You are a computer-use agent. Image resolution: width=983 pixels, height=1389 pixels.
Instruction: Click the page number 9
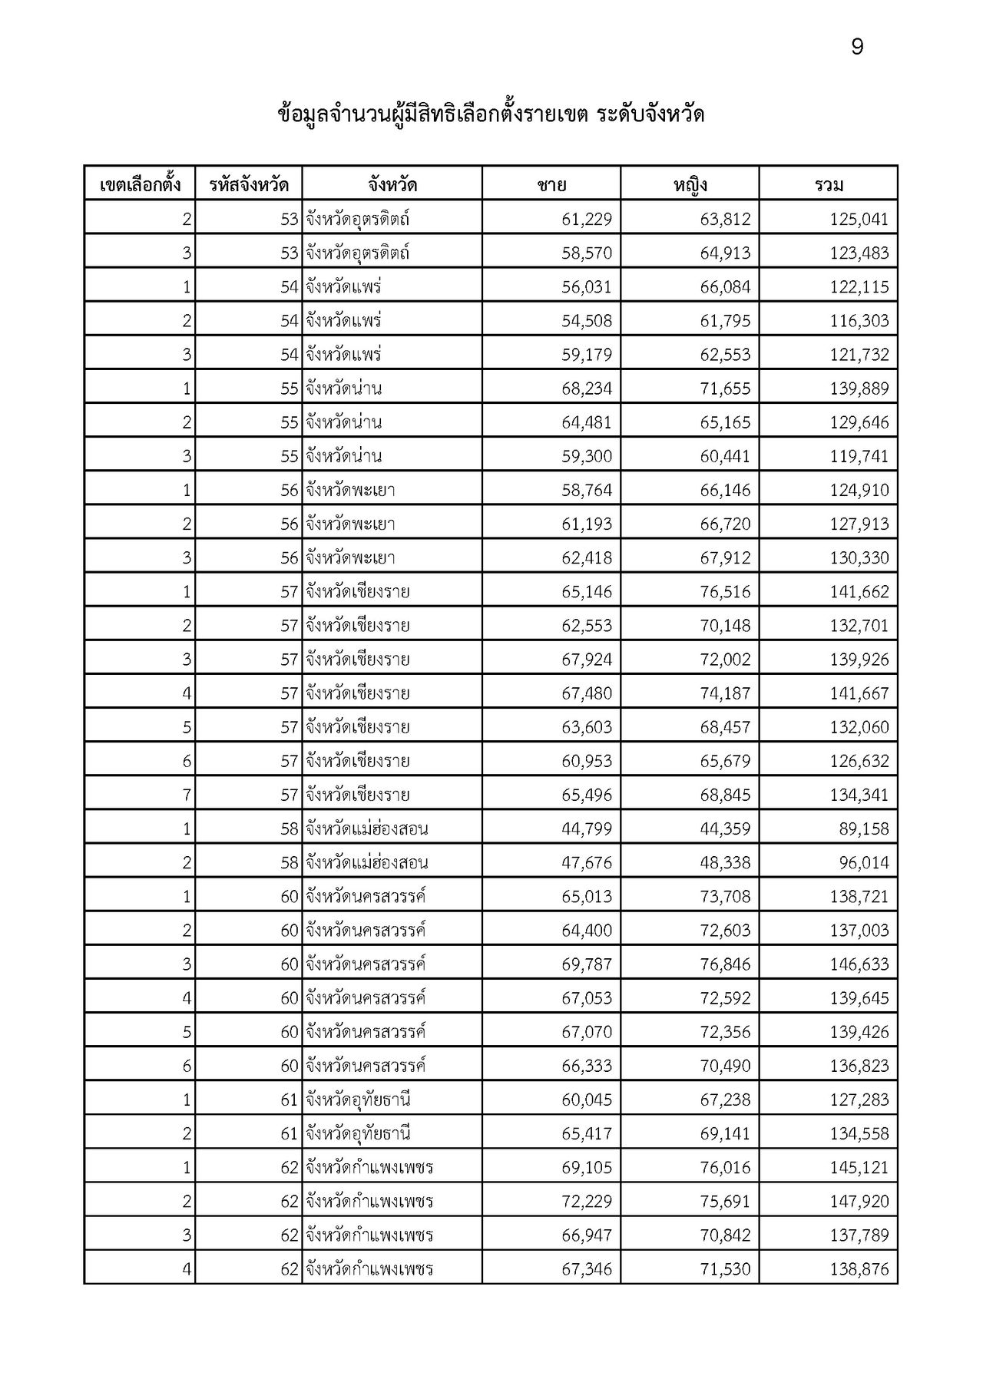coord(857,48)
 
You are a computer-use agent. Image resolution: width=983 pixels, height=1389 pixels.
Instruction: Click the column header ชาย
coord(551,185)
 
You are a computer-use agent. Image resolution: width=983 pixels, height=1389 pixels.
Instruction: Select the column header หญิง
coord(690,185)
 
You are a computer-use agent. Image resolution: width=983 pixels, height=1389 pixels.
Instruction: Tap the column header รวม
coord(828,185)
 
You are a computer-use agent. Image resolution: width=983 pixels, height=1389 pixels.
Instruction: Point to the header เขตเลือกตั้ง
coord(140,185)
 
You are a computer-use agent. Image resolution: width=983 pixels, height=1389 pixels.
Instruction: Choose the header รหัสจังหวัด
coord(249,185)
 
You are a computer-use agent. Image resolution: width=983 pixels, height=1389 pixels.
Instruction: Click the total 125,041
coord(859,220)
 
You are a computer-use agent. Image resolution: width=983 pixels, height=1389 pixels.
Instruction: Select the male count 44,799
coord(587,829)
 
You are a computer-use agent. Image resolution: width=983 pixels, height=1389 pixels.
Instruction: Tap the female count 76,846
coord(725,964)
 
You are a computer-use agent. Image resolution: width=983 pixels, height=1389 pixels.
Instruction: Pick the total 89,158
coord(864,829)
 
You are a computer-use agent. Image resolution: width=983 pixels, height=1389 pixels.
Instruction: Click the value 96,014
coord(864,863)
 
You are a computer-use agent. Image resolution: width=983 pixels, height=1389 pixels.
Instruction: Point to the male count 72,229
coord(587,1202)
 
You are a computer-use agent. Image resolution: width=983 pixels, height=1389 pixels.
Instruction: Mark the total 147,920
coord(859,1202)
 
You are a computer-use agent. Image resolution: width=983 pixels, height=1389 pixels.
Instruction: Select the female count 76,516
coord(725,592)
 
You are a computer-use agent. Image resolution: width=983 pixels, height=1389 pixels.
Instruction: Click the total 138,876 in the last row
coord(859,1269)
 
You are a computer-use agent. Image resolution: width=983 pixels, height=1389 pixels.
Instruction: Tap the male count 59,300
coord(587,457)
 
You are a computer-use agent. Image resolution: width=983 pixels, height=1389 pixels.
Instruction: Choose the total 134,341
coord(859,795)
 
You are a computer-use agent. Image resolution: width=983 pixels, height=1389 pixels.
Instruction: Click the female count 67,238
coord(725,1100)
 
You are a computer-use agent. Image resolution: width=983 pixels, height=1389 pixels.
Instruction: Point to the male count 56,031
coord(587,287)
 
